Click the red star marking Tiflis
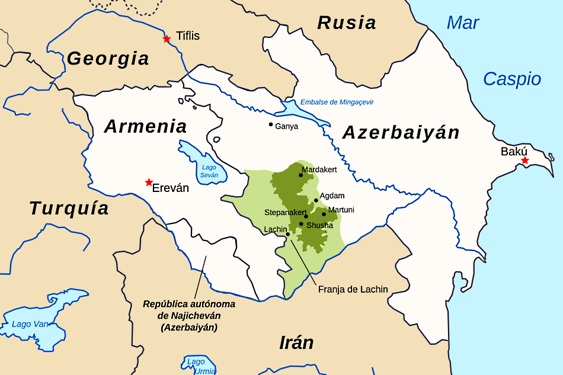coord(167,39)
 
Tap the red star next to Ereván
coord(149,182)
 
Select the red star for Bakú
coord(524,161)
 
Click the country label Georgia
coord(108,58)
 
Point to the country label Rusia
coord(347,23)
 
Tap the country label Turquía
coord(69,208)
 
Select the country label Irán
coord(296,342)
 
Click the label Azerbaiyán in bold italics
coord(401,132)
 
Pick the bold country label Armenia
coord(146,126)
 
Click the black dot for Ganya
coord(271,124)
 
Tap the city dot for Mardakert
coord(300,175)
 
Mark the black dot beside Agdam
coord(316,200)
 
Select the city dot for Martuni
coord(324,214)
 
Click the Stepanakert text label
coord(285,212)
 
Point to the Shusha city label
coord(320,225)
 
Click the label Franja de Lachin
coord(353,289)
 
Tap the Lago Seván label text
coord(209,171)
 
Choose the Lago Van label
coord(30,324)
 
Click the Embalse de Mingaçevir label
coord(337,102)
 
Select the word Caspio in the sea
coord(512,79)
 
